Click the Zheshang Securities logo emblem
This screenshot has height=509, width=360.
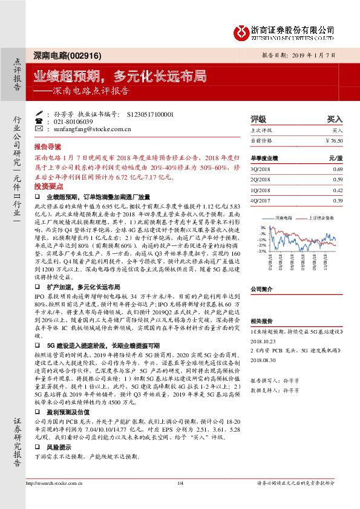[241, 31]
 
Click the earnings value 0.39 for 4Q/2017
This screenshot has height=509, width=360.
[338, 199]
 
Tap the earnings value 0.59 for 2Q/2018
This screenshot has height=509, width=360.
[338, 179]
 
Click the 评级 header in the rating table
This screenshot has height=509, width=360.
[258, 120]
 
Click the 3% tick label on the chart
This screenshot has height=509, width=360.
[263, 228]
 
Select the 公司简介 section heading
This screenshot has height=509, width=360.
[261, 289]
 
